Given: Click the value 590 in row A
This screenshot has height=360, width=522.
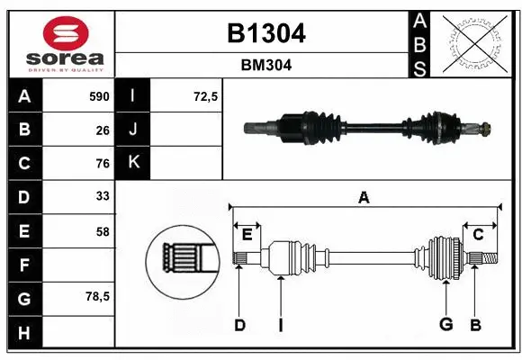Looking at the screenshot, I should coord(98,96).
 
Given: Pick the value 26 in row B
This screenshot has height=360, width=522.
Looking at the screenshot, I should coord(102,130).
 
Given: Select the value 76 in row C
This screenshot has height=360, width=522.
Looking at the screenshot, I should coord(102,164).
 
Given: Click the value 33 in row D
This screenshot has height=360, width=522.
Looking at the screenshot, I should coord(102,195).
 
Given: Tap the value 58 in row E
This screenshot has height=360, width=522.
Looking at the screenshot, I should coord(102,231).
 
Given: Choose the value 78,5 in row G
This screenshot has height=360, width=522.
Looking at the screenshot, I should coord(97,296).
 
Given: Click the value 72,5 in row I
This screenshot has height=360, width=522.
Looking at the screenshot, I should coord(206,96).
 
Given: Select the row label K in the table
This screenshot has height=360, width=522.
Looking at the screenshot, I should coord(133,163).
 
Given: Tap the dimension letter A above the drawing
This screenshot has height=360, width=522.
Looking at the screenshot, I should coord(364,197).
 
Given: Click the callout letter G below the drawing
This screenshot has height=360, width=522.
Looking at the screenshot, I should coord(445,325).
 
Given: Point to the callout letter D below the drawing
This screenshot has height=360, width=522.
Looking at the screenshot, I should coord(239,325).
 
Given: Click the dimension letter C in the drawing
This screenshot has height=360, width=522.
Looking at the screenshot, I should coord(478,234).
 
